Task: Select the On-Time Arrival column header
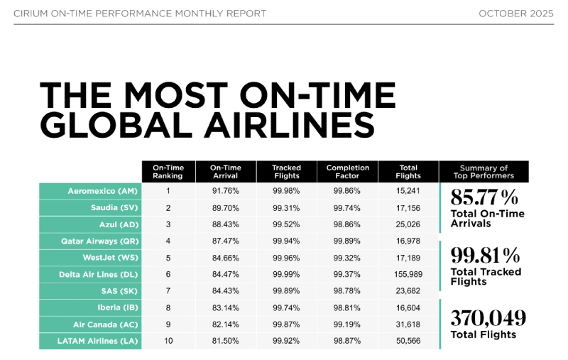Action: tap(224, 172)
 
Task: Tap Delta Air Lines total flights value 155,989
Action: tap(409, 274)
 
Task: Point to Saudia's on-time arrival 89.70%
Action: tap(224, 208)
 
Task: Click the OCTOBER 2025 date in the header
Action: tap(517, 13)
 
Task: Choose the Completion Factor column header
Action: tap(347, 172)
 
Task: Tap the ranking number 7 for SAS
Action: tap(168, 291)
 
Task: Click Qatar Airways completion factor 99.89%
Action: tap(347, 241)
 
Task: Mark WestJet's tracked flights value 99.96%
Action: tap(286, 258)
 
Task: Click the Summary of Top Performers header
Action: tap(484, 172)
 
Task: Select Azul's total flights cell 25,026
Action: tap(409, 224)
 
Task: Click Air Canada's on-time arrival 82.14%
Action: tap(224, 324)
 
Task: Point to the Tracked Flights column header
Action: tap(286, 172)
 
